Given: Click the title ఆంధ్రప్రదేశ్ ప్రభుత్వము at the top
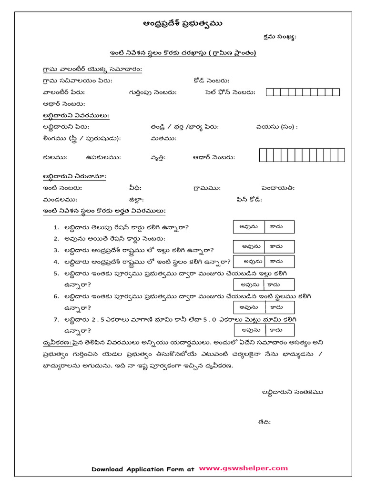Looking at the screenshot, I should click(x=183, y=24).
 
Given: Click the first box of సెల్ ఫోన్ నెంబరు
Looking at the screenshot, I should click(x=270, y=92).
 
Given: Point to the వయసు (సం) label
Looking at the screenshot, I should click(x=276, y=127).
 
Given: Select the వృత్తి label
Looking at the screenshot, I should click(x=156, y=157).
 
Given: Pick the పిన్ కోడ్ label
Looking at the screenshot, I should click(x=248, y=200).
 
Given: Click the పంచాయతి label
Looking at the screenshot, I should click(x=278, y=188).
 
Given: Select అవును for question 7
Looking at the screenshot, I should click(x=250, y=330).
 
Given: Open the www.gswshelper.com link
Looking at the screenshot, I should click(x=243, y=468).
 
